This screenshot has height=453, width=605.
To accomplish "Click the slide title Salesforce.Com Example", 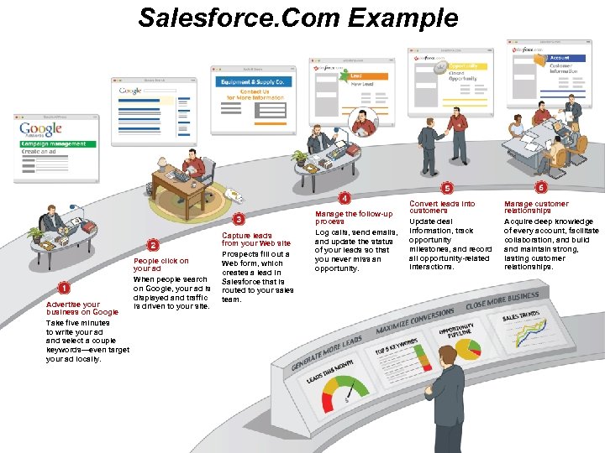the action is tap(298, 18).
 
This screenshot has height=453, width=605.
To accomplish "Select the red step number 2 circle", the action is tap(153, 245).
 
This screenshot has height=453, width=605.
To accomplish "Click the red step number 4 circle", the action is tap(345, 198).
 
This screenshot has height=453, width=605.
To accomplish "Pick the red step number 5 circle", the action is tap(447, 188).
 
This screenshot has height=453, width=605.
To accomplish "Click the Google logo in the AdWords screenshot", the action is tap(41, 128).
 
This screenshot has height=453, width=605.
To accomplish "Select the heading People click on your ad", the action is tap(161, 265).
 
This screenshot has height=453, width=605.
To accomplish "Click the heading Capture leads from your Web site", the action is tap(256, 240).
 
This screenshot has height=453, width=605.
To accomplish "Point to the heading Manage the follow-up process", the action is tap(354, 217).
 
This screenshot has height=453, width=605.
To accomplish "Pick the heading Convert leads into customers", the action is tap(442, 206).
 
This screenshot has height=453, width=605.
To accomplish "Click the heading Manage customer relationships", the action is tap(536, 206).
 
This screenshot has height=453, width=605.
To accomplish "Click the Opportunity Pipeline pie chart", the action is tap(465, 349).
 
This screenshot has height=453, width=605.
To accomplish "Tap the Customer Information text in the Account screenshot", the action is tap(564, 69).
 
